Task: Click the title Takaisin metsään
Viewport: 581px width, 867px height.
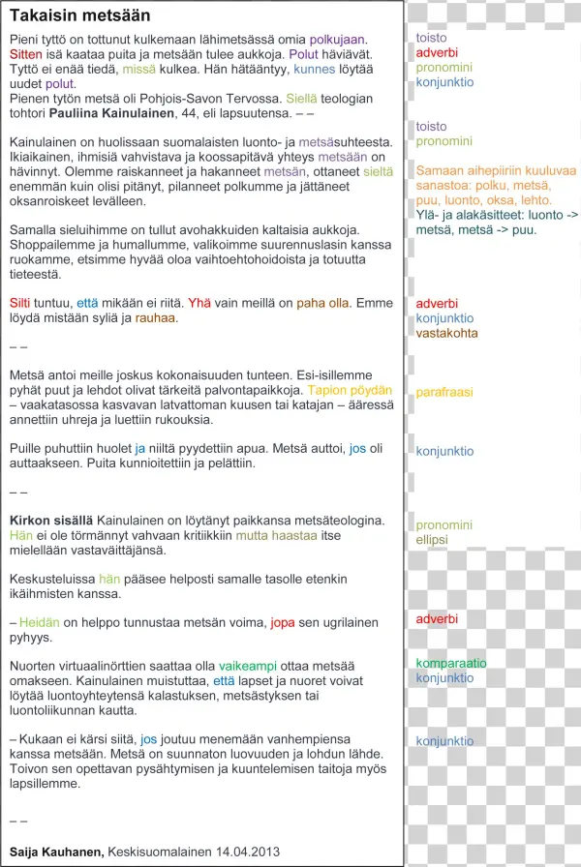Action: pyautogui.click(x=79, y=16)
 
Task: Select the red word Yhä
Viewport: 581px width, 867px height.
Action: pyautogui.click(x=199, y=303)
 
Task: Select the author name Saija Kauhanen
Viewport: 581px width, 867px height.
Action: pyautogui.click(x=56, y=851)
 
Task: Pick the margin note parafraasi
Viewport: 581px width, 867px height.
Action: pyautogui.click(x=444, y=392)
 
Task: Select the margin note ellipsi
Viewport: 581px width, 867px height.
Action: pyautogui.click(x=432, y=539)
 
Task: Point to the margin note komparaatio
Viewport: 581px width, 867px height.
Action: pyautogui.click(x=451, y=663)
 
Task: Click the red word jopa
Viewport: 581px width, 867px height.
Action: pyautogui.click(x=283, y=622)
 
